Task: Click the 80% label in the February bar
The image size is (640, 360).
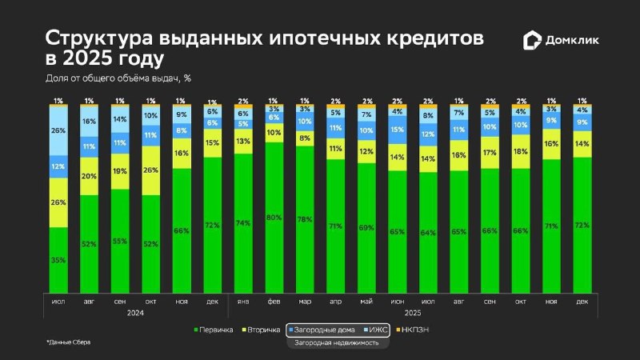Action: tap(274, 217)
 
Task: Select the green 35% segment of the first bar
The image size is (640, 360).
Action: tap(58, 260)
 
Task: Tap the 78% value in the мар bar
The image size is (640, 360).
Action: tap(304, 220)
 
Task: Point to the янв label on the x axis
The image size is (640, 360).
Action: tap(243, 302)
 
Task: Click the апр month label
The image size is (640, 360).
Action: tap(335, 302)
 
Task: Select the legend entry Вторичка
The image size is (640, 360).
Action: tap(262, 329)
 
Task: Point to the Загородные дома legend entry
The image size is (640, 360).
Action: tap(321, 329)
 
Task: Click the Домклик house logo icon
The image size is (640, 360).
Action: tap(532, 41)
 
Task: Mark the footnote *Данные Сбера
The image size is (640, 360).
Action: tap(68, 342)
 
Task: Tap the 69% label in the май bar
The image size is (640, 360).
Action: tap(366, 229)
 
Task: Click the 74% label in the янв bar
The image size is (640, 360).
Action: tap(243, 223)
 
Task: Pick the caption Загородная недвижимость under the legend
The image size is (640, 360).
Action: tap(337, 342)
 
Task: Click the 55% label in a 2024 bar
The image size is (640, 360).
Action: tap(119, 241)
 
